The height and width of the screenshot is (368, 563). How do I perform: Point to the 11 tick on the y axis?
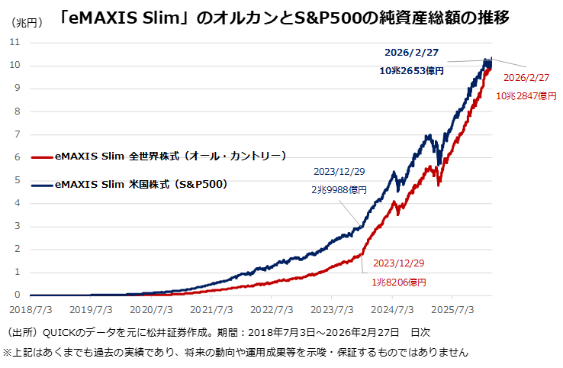pyautogui.click(x=15, y=42)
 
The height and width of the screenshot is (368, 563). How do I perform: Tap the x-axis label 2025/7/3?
pyautogui.click(x=452, y=311)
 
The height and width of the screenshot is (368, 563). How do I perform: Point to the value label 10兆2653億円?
pyautogui.click(x=412, y=70)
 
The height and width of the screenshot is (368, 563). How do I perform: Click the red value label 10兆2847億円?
pyautogui.click(x=526, y=95)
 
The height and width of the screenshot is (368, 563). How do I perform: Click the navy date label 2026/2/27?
pyautogui.click(x=413, y=53)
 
